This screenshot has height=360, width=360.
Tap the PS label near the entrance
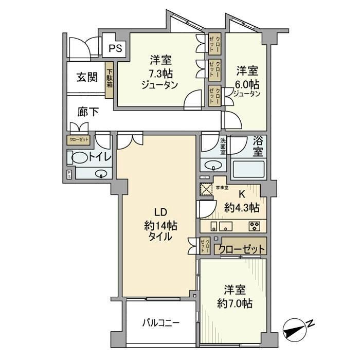pos(115,49)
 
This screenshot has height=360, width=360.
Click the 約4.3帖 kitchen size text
pos(242,208)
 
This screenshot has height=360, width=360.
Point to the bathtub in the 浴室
pos(249,168)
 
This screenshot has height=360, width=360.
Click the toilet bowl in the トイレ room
pos(77,158)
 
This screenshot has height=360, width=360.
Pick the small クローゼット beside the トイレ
pos(78,139)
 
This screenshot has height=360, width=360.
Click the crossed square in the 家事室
pos(206,189)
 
